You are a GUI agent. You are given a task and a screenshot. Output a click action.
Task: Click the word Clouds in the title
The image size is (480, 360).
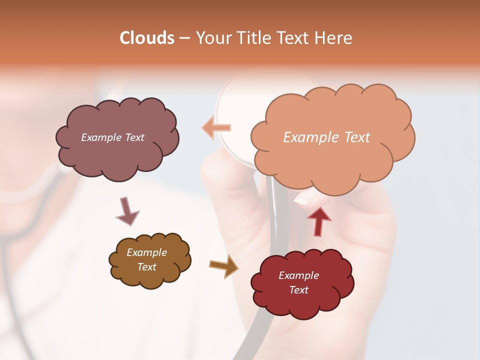click(147, 38)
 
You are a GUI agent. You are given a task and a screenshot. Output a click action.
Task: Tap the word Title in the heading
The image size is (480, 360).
click(254, 38)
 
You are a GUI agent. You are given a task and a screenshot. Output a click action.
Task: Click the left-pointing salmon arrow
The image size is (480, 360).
click(216, 128)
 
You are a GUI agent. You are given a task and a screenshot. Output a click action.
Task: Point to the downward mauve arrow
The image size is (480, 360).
click(127, 211)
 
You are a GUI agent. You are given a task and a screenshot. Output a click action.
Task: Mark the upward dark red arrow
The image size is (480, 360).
click(318, 221)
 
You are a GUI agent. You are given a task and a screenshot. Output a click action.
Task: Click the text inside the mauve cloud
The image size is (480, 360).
click(112, 137)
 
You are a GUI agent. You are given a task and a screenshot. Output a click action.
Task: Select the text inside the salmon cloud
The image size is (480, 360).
click(326, 137)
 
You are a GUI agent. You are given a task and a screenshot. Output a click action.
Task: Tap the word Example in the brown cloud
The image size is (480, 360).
click(146, 252)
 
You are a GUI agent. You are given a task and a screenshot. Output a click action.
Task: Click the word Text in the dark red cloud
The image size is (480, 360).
click(298, 290)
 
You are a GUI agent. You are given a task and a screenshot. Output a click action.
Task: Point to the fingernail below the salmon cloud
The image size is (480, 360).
click(303, 200)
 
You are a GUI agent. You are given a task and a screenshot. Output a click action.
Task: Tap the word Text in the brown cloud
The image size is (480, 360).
click(146, 267)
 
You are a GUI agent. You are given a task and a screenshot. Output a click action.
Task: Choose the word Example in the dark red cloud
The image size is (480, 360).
click(298, 275)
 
